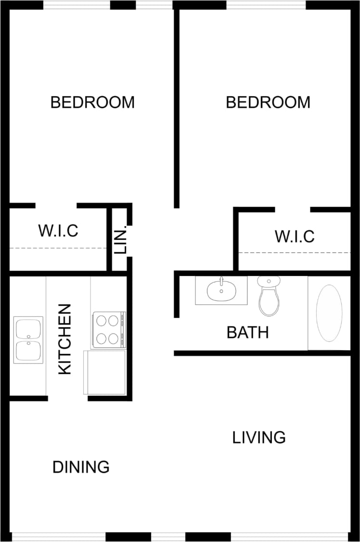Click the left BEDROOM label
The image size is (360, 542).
point(92,102)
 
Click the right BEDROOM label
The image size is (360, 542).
point(268,102)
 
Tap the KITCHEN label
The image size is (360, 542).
point(64,339)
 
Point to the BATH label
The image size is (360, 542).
point(247,332)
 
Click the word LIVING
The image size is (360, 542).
point(259,438)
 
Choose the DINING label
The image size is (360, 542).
point(81,467)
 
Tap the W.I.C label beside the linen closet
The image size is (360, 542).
point(58,231)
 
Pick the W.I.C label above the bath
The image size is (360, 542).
point(295,236)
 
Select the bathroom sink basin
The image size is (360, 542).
point(221,290)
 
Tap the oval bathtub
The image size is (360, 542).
point(329,313)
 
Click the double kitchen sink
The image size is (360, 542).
point(28,340)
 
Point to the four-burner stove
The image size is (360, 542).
point(108,329)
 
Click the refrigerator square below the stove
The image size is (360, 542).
point(105,372)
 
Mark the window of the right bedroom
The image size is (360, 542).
point(266,5)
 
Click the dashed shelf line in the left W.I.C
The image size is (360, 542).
point(58,248)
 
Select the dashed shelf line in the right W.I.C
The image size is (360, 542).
point(295,252)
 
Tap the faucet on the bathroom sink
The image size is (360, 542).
point(221,281)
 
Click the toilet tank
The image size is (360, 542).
point(269,281)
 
